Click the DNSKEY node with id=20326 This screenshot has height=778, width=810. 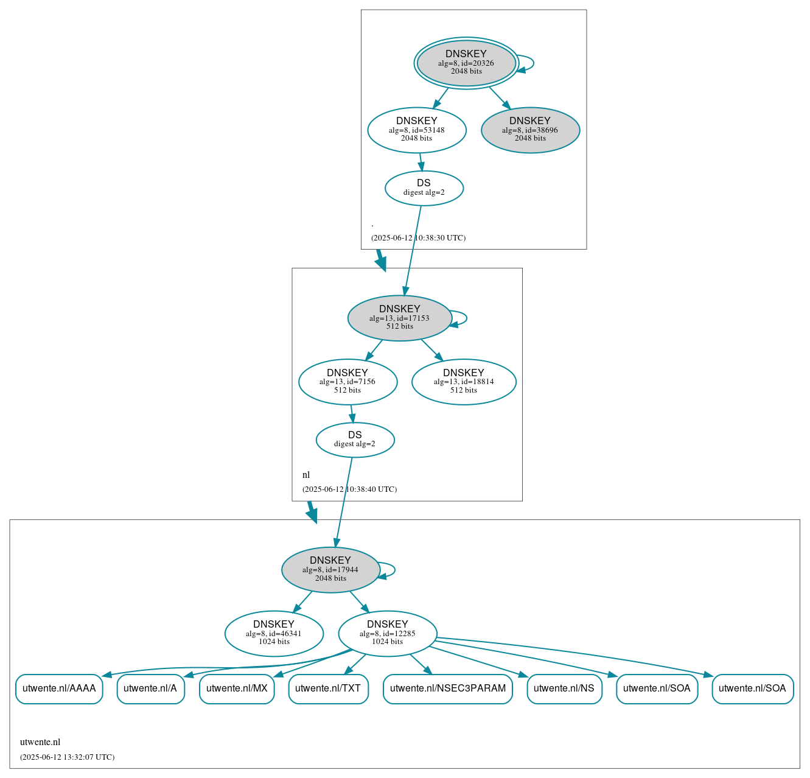[466, 63]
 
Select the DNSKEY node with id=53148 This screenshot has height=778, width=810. [417, 130]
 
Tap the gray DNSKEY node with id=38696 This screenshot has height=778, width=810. [530, 130]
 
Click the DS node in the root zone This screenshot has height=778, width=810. [424, 188]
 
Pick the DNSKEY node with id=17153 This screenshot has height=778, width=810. [399, 318]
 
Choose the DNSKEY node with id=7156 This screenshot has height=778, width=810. [347, 382]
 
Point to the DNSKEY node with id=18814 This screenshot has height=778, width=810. [464, 382]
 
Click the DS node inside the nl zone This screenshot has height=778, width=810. [355, 440]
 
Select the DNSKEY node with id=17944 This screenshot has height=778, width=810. [330, 570]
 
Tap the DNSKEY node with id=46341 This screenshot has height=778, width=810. [274, 634]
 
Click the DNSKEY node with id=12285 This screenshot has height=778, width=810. [387, 634]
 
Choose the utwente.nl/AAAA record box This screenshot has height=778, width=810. [59, 689]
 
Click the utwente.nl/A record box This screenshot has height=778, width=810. [150, 689]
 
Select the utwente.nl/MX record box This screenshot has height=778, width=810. [237, 689]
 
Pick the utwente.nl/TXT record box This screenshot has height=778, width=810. [328, 689]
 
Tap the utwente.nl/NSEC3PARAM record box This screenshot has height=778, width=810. [448, 689]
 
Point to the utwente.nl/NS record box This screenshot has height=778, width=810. [564, 689]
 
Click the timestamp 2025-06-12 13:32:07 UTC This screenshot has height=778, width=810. [67, 757]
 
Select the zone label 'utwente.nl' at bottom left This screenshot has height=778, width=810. [40, 742]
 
